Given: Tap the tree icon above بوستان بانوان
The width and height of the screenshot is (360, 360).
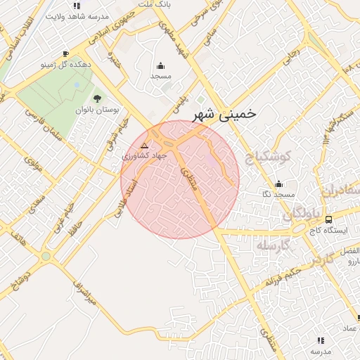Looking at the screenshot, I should (x=96, y=98).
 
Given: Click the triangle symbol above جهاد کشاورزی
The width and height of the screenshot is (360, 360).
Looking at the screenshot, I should (x=144, y=146).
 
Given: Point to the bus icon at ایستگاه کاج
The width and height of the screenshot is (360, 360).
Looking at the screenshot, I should (x=330, y=219).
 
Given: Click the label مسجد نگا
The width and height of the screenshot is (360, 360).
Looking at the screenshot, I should (x=278, y=194).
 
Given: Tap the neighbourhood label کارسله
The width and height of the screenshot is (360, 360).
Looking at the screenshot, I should (x=271, y=246).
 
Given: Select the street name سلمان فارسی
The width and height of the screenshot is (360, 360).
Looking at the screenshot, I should (x=44, y=127).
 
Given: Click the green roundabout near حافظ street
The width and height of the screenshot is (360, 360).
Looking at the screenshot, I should (x=46, y=256).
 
